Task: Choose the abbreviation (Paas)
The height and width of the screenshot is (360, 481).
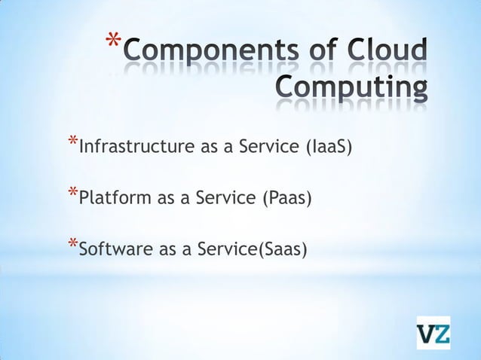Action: click(x=286, y=199)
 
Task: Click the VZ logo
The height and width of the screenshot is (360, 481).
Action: click(x=434, y=333)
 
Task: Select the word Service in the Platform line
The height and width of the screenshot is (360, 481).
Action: click(x=226, y=199)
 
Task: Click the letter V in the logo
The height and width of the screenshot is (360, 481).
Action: click(x=426, y=333)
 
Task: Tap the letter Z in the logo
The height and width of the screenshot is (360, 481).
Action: click(x=441, y=333)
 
